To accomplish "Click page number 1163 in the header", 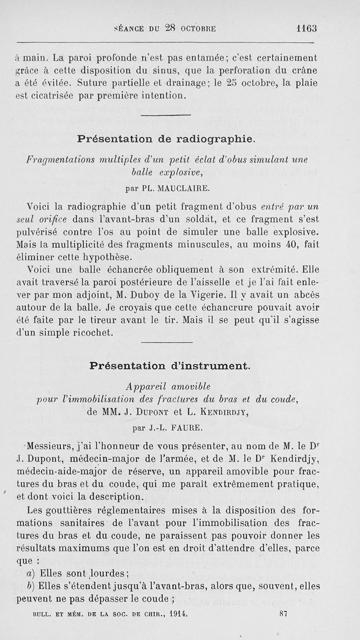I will (x=307, y=28).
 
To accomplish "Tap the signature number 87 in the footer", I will (x=283, y=613).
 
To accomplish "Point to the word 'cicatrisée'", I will (x=55, y=95).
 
